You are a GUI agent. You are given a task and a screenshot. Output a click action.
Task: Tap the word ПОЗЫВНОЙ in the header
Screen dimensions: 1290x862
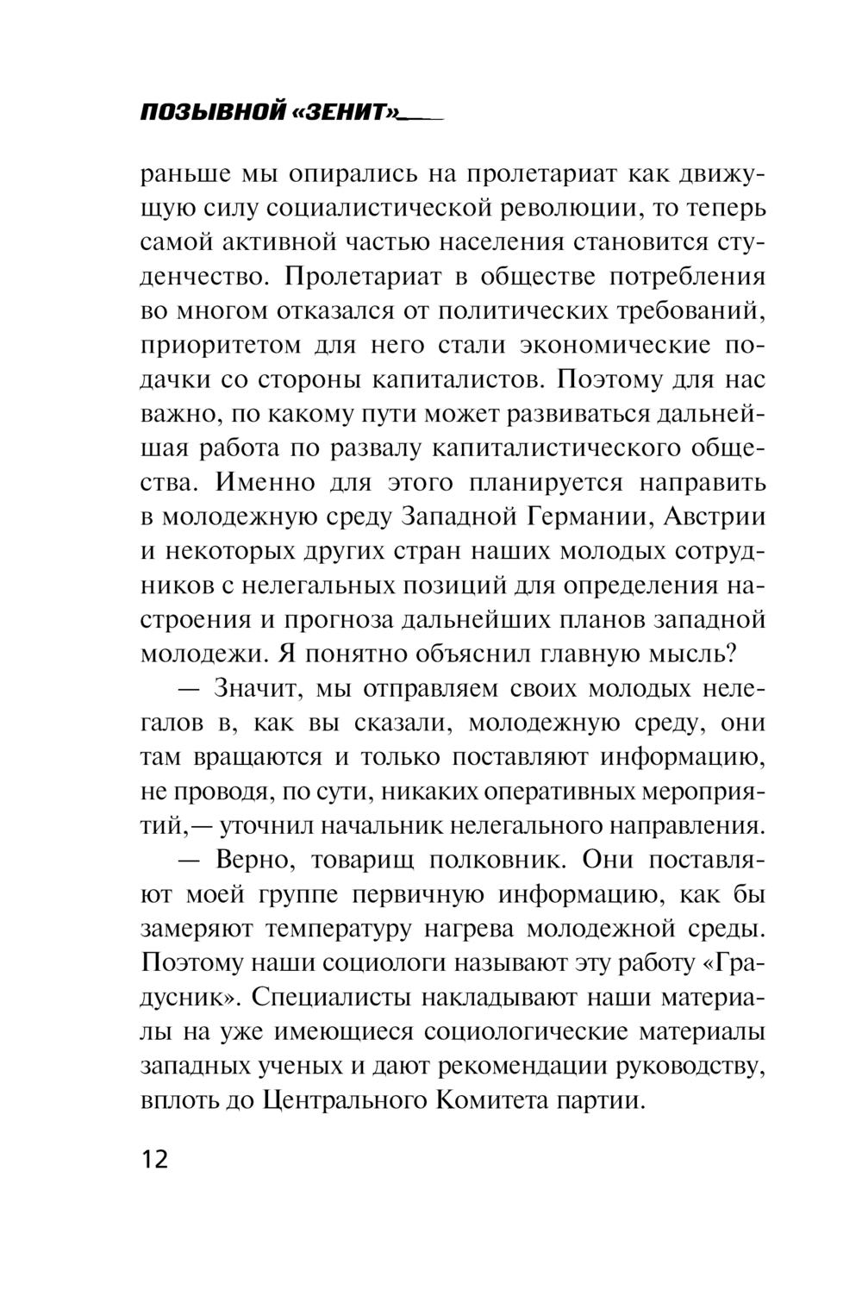212,114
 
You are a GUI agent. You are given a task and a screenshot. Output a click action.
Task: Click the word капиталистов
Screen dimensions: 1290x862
456,379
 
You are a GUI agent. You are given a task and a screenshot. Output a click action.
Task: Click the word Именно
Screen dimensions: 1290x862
259,483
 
